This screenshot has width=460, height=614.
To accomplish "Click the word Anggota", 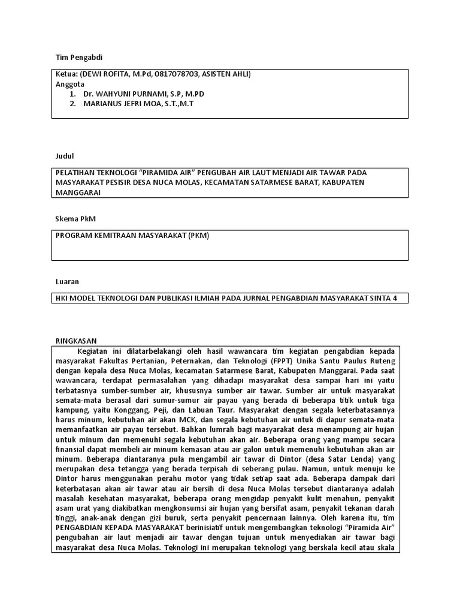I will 70,84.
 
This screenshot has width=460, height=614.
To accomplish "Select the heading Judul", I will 64,156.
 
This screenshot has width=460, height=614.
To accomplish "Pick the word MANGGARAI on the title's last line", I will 78,192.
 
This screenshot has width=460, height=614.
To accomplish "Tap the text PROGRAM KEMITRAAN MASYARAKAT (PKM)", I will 132,236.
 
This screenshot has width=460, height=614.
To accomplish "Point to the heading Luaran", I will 66,281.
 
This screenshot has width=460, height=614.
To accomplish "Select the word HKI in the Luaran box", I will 63,298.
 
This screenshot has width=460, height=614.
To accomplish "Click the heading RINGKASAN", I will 75,339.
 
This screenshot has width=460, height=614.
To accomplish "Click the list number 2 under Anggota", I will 72,104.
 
